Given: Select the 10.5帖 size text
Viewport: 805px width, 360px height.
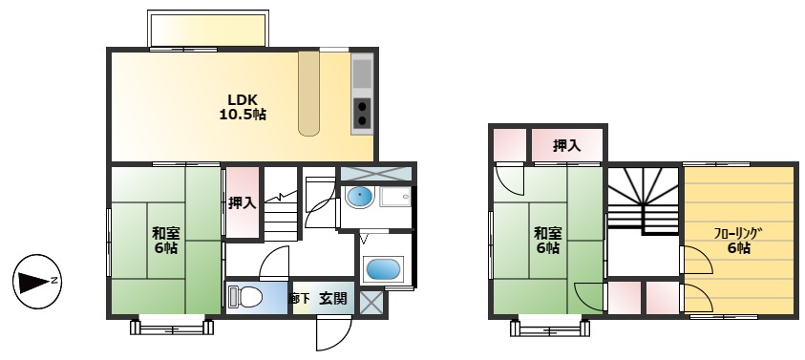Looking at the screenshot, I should coord(243,115).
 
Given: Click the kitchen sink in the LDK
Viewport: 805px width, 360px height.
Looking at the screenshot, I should coord(363,74).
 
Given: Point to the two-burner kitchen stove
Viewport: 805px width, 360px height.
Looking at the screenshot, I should coord(363,114).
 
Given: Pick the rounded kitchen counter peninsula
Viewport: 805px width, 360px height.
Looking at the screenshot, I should coord(311,94).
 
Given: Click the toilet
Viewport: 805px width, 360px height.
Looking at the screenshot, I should coord(245,297).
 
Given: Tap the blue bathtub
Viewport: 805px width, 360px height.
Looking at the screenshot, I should coord(383,269).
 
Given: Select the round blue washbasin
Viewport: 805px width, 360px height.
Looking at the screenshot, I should coord(359,198).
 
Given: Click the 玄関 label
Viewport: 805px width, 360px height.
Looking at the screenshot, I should coord(333,299).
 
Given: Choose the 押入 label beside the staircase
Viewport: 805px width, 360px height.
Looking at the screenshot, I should coord(242,202).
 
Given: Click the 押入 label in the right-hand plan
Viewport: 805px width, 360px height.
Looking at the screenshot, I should coord(567,145).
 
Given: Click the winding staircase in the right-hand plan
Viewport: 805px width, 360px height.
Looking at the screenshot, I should coord(643,199).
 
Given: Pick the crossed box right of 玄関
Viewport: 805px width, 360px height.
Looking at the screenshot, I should coord(371,301).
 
